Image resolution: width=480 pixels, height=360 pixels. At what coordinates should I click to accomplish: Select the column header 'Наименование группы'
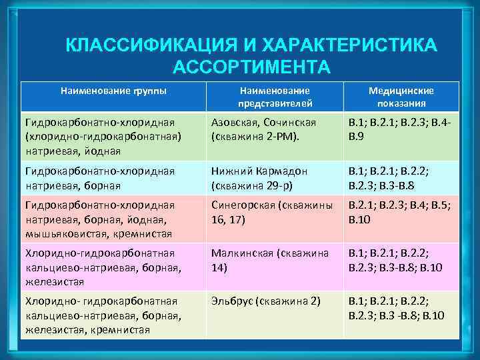coord(113,90)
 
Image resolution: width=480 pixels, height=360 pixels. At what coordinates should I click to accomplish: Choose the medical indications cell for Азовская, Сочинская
coord(401,129)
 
